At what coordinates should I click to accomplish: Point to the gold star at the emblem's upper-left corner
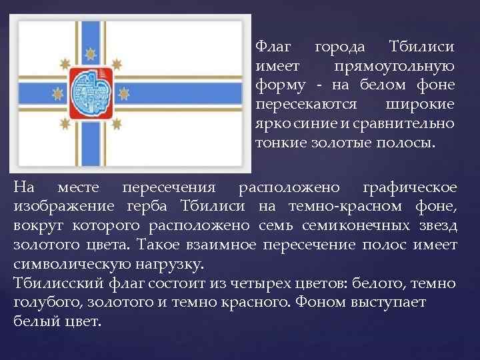(x=65, y=64)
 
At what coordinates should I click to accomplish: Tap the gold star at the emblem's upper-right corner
(x=119, y=64)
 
